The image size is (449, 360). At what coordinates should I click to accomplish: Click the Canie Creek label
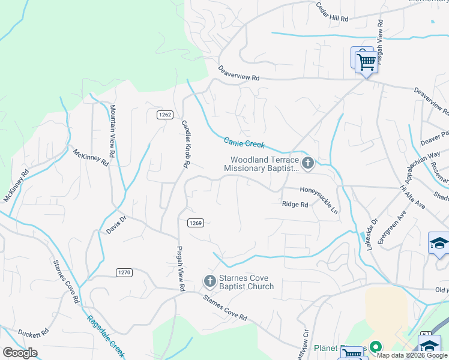point(244,143)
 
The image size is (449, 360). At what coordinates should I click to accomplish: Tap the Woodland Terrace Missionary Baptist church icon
point(308,163)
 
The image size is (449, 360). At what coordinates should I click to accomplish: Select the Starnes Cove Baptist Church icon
point(209,281)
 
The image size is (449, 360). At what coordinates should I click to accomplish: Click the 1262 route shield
point(166,115)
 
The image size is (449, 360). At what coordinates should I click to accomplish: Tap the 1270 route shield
point(124,272)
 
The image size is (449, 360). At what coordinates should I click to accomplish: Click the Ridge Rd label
point(295,205)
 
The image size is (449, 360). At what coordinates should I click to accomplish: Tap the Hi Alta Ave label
point(412,197)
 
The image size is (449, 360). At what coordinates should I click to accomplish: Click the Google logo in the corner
point(20,353)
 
